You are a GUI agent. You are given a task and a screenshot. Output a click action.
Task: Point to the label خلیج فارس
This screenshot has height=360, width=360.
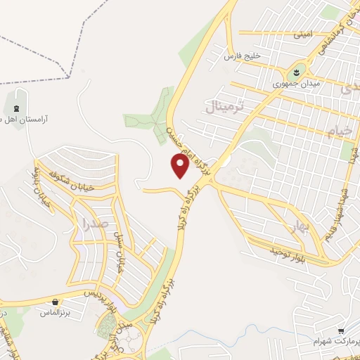pos(243,56)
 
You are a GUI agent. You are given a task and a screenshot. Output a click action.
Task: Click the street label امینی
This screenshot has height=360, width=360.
pos(302,33)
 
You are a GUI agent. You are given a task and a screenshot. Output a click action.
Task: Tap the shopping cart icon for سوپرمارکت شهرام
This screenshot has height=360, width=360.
pos(340,330)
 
